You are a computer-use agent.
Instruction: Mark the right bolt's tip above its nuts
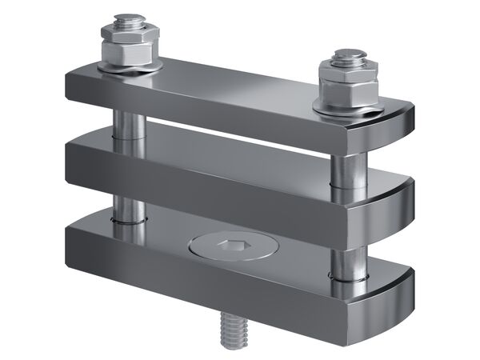346,54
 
